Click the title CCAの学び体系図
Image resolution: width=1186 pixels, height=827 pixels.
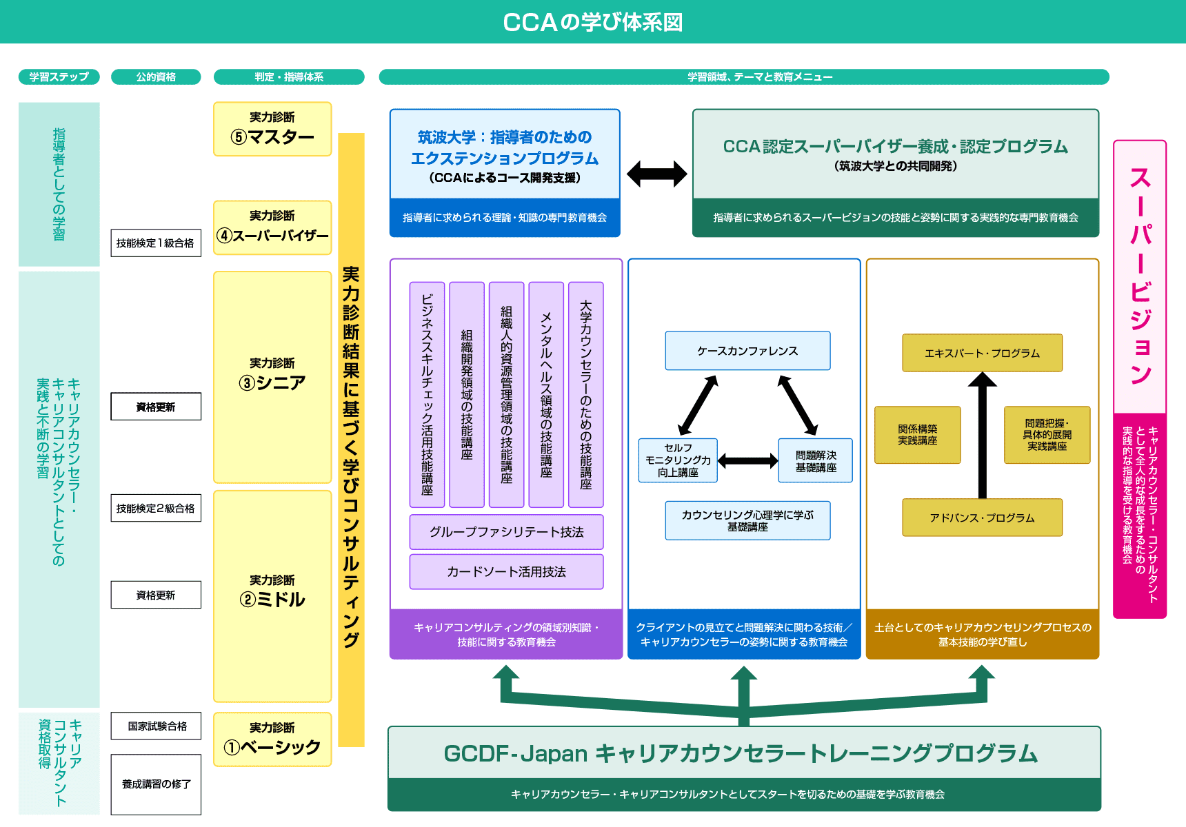pyautogui.click(x=592, y=22)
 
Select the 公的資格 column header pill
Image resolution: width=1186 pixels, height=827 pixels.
pyautogui.click(x=156, y=76)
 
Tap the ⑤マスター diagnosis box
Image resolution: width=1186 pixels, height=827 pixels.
pyautogui.click(x=272, y=129)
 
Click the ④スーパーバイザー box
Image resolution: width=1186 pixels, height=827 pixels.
pyautogui.click(x=272, y=227)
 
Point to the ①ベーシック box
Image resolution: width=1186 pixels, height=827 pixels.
pyautogui.click(x=272, y=739)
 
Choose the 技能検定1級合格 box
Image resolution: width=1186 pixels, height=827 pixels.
pyautogui.click(x=156, y=243)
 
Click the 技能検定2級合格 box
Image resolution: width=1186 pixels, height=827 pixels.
pyautogui.click(x=156, y=508)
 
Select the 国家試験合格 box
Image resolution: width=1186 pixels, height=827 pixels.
pyautogui.click(x=156, y=726)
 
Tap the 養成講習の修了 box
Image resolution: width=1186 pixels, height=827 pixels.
pyautogui.click(x=156, y=784)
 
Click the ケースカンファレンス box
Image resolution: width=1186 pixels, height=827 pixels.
pyautogui.click(x=747, y=351)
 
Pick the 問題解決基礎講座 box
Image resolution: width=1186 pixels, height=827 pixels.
pyautogui.click(x=816, y=460)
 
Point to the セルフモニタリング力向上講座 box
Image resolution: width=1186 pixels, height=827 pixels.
pyautogui.click(x=678, y=460)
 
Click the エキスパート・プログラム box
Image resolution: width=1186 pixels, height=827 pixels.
pyautogui.click(x=982, y=353)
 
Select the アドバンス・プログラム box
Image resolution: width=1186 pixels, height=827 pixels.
pyautogui.click(x=982, y=518)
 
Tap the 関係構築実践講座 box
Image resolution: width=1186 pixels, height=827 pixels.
pyautogui.click(x=917, y=435)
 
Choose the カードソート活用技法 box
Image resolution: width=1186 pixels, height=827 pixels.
pyautogui.click(x=506, y=571)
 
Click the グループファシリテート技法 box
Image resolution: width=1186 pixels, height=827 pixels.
pyautogui.click(x=506, y=532)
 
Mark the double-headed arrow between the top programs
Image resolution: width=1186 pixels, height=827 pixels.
pyautogui.click(x=656, y=174)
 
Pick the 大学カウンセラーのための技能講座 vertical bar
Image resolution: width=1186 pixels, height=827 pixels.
pyautogui.click(x=585, y=394)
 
